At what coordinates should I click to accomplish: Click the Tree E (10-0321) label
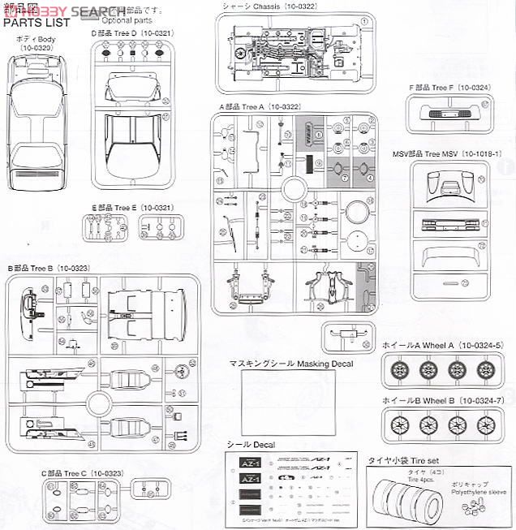click(131, 209)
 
